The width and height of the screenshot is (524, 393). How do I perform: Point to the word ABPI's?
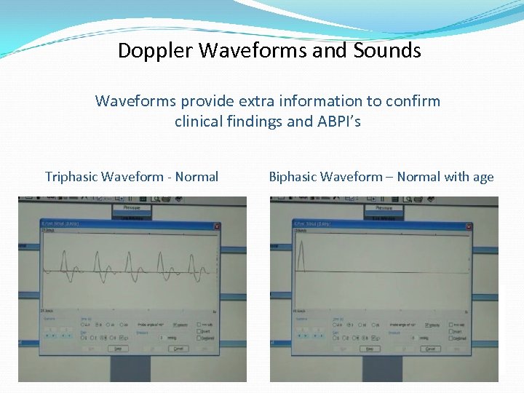tap(337, 122)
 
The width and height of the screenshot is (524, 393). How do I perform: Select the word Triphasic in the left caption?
tap(71, 177)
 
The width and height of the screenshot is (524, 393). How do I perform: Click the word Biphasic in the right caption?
tap(296, 177)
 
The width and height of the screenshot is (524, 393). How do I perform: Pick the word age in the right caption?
tap(482, 177)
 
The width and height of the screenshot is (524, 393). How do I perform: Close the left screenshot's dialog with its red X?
tap(216, 226)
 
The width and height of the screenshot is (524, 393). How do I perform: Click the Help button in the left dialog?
tap(116, 349)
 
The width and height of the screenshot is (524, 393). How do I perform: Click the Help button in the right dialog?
tap(369, 349)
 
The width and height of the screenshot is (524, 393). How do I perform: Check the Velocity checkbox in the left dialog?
tap(175, 325)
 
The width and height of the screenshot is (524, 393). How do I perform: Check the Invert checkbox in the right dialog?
tap(452, 331)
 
